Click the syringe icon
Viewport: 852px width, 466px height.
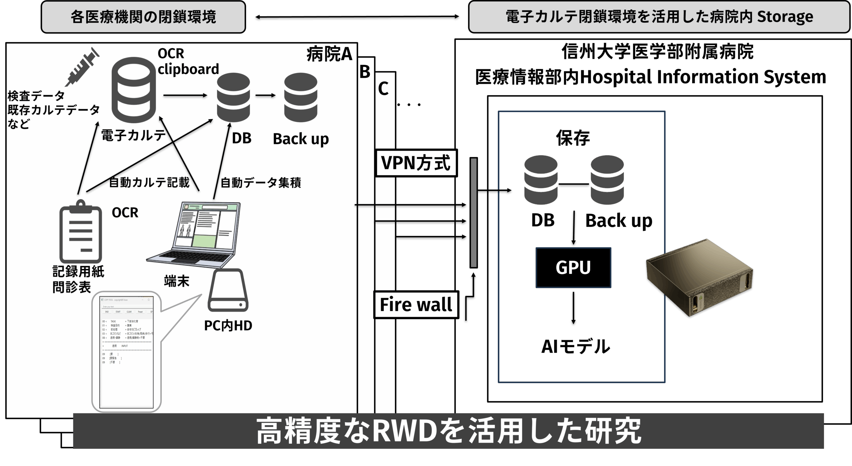[x=82, y=68]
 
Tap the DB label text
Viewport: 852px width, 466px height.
[x=241, y=138]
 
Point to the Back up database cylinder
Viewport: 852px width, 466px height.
[x=301, y=97]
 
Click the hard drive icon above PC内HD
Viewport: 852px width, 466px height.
[x=228, y=290]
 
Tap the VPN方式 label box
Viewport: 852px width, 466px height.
[x=416, y=163]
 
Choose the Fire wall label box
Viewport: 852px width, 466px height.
[x=416, y=305]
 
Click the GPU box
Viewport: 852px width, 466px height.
[x=573, y=268]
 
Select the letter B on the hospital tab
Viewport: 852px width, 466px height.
[x=365, y=72]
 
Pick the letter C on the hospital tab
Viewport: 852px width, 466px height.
[x=383, y=89]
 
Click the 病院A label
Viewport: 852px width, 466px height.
[x=329, y=54]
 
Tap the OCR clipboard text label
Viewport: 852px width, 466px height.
[x=188, y=62]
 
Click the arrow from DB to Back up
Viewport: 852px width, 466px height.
[x=266, y=96]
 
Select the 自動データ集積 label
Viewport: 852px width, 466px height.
[x=261, y=183]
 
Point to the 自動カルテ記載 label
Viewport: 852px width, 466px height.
[x=149, y=182]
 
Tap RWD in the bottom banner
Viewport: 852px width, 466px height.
[x=404, y=431]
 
